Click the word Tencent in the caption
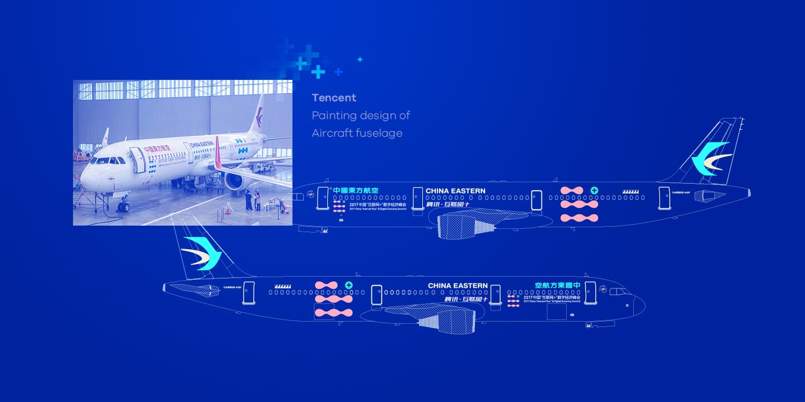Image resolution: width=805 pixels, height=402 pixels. (x=334, y=98)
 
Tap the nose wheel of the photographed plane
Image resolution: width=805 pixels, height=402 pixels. (x=123, y=207)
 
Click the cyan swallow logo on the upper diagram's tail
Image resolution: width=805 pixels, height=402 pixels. (x=711, y=159)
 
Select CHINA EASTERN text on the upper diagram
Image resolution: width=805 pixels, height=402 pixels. (x=455, y=191)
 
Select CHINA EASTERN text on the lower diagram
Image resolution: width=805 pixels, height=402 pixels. (x=457, y=286)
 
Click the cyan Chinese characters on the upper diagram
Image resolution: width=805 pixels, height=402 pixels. (x=356, y=190)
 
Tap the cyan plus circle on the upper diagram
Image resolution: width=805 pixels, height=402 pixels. (x=594, y=190)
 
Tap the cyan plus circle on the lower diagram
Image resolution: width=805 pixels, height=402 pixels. (x=349, y=285)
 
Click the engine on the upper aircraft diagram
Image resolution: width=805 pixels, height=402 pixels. (x=465, y=225)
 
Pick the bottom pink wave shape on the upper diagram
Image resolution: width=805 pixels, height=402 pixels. (x=579, y=218)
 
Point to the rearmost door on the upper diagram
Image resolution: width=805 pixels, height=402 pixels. (x=664, y=197)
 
